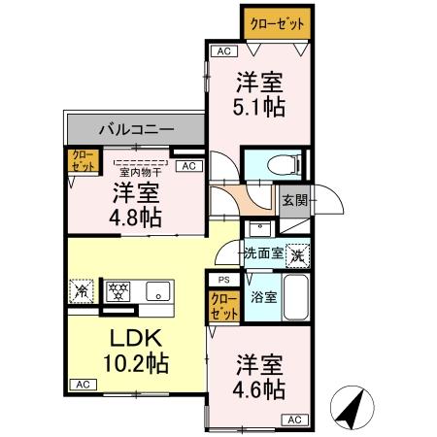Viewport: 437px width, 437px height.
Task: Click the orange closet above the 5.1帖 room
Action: (276, 22)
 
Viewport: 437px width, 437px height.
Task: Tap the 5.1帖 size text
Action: (260, 107)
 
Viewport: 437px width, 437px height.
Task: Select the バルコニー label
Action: (136, 127)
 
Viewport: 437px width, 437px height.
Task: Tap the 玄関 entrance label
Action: (294, 200)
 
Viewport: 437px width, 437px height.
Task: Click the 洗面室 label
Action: (262, 254)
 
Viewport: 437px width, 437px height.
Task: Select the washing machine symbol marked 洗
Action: (298, 253)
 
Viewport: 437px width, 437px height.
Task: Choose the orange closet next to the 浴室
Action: (224, 306)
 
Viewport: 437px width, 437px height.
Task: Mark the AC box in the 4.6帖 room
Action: (292, 420)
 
